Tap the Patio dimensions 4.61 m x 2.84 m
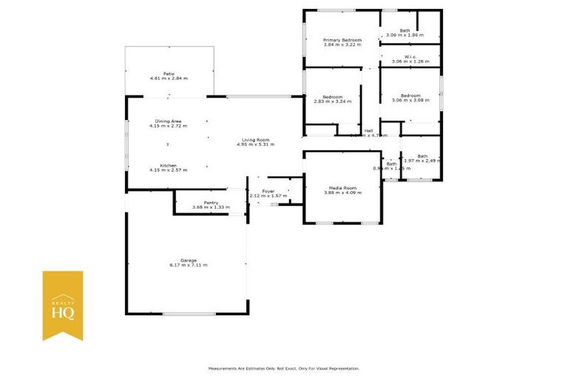[169, 78]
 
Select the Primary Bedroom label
[342, 39]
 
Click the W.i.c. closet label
[410, 56]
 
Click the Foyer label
[268, 191]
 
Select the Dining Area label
[168, 121]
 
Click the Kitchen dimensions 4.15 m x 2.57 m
[168, 170]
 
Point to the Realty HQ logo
[62, 305]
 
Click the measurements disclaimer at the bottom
[284, 368]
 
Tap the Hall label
[368, 130]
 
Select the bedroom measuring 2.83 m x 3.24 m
[332, 101]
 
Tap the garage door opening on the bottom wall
[189, 314]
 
